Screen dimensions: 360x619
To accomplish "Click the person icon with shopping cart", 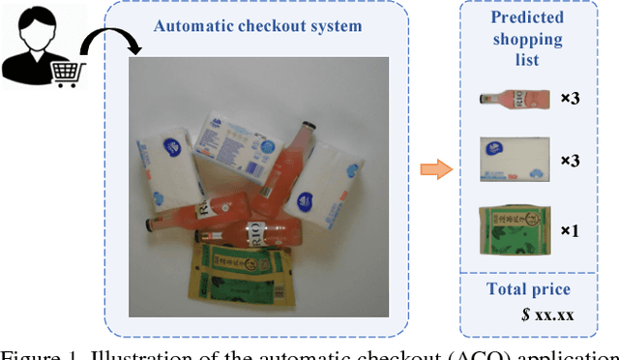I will point(41,45).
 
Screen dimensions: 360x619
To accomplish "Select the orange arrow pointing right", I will point(437,170).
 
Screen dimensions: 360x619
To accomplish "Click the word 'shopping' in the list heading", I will point(526,39).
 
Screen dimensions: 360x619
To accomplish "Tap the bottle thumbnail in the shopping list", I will point(515,98).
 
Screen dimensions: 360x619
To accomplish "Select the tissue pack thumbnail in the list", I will point(516,159).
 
